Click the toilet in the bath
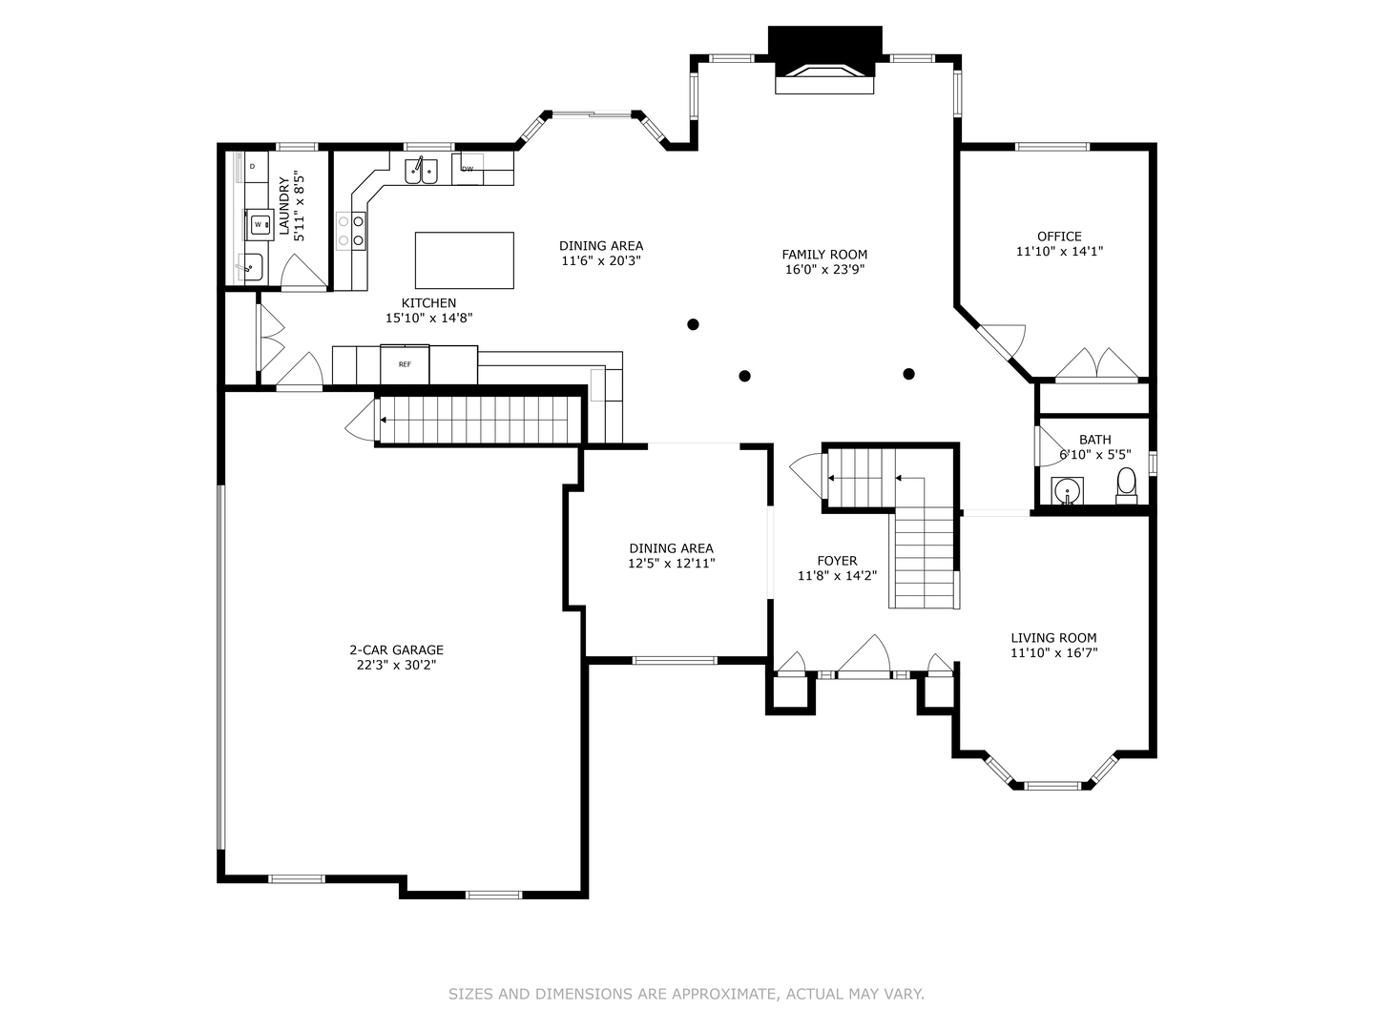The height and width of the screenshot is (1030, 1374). coord(1126,485)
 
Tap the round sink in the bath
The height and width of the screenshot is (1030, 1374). coord(1068,490)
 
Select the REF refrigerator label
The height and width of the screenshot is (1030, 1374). coord(405,364)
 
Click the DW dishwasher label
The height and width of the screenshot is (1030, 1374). coord(467,169)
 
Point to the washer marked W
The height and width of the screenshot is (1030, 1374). coord(259,224)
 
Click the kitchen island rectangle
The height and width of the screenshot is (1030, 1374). coord(465,260)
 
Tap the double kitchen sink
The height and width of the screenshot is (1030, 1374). coord(422,171)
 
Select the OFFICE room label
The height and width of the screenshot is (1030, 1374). coord(1059,237)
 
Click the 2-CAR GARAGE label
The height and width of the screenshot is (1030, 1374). coord(396,649)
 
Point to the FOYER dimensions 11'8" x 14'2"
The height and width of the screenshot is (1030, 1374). coord(837,575)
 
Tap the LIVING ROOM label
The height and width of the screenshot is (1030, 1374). coord(1054,638)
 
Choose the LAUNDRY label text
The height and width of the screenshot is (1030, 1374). coord(284,206)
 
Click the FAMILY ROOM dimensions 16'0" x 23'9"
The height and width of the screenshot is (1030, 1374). coord(824,270)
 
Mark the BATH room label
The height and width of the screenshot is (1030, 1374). coord(1094,440)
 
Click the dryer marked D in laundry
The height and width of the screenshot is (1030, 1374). coord(252,166)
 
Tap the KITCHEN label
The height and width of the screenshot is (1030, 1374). coord(428,302)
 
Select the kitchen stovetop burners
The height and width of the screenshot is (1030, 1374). coord(351,231)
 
